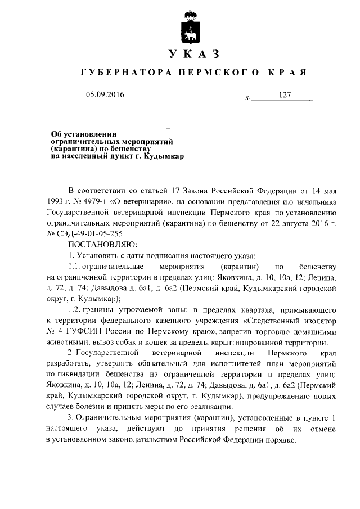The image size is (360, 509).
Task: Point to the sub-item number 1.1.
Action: [x=75, y=266]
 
